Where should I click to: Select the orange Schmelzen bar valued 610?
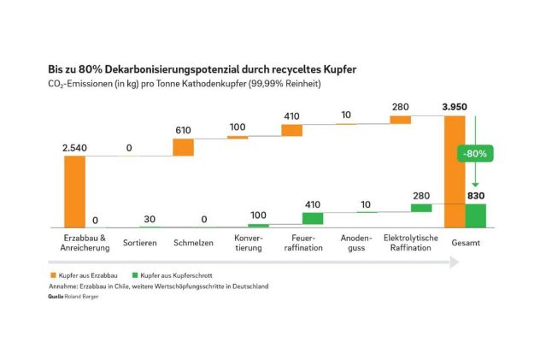(184, 146)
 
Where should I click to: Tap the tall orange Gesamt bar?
(455, 171)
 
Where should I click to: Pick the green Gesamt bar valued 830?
(475, 215)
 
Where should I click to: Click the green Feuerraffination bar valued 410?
(313, 218)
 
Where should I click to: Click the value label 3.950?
(458, 106)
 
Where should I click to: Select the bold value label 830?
(475, 195)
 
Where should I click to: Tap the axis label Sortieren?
(139, 243)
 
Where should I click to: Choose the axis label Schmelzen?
(193, 243)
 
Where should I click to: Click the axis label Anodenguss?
(356, 242)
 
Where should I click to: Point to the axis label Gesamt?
(466, 243)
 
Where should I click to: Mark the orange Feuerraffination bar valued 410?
(292, 130)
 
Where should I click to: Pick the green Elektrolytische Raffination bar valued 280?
(421, 207)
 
